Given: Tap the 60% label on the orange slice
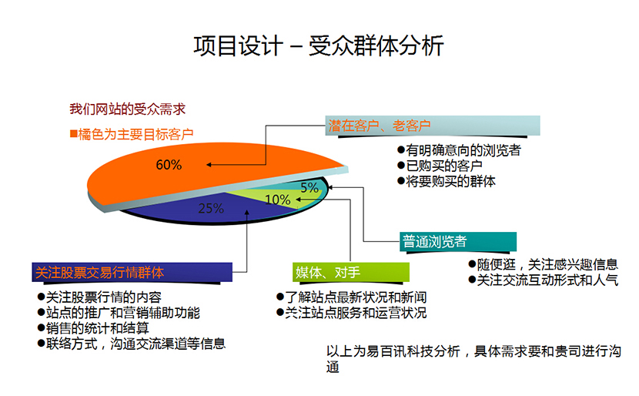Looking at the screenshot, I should [169, 165].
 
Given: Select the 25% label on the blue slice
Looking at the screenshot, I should [211, 208].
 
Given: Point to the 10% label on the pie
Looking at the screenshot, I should [277, 200].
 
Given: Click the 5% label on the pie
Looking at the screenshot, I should [309, 187].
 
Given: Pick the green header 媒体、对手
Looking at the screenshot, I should [328, 272].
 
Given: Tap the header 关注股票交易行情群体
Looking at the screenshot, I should [100, 272].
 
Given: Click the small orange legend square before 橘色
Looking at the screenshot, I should [73, 133].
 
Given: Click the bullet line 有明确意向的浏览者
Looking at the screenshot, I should [458, 150].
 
